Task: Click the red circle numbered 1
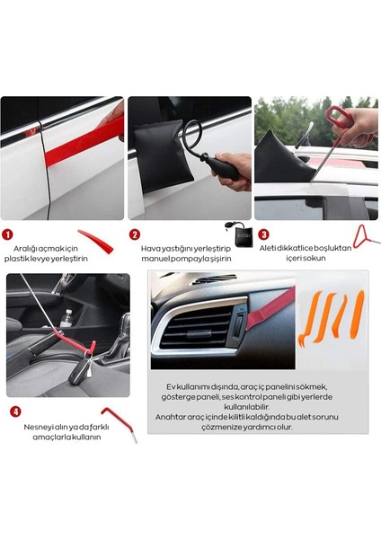7,234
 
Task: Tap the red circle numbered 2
135,234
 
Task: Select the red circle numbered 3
264,234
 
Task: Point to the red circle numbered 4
15,411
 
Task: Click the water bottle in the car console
66,318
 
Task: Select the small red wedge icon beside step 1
96,242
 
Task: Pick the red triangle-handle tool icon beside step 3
366,236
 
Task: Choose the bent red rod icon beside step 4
120,424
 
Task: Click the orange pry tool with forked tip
310,318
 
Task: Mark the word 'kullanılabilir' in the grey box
246,407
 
